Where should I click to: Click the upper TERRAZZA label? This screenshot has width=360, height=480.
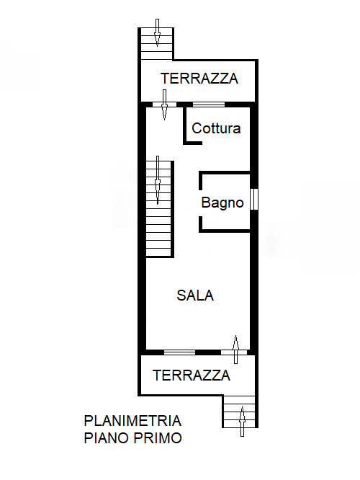pos(199,79)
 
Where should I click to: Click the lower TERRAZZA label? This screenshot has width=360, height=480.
pos(192,375)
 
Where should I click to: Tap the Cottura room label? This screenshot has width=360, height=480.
pos(216,129)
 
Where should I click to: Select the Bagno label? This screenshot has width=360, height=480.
pos(222,203)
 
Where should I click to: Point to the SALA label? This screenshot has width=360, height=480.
pos(195,295)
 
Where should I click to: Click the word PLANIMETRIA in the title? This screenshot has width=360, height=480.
pos(132,421)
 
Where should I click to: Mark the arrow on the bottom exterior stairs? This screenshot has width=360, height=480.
pos(243,421)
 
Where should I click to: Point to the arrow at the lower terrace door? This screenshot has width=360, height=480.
pos(235,347)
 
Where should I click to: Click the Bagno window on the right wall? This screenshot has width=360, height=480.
pos(253,199)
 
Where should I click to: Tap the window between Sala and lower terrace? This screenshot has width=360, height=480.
pos(179,352)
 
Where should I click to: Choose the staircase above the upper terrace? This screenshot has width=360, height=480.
pos(157,44)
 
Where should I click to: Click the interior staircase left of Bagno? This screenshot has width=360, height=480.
pos(159,208)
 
